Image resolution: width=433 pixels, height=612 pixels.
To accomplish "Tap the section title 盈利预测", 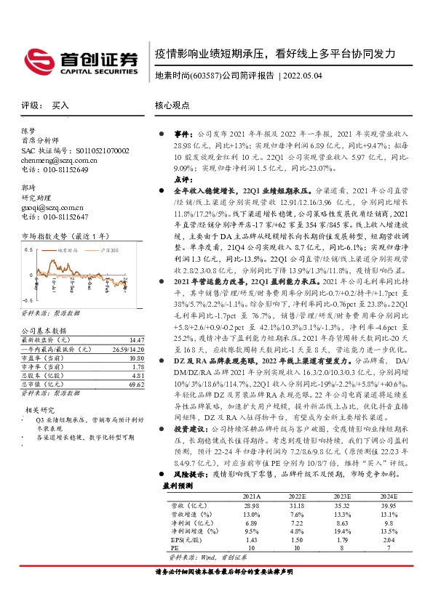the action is [178, 483].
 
